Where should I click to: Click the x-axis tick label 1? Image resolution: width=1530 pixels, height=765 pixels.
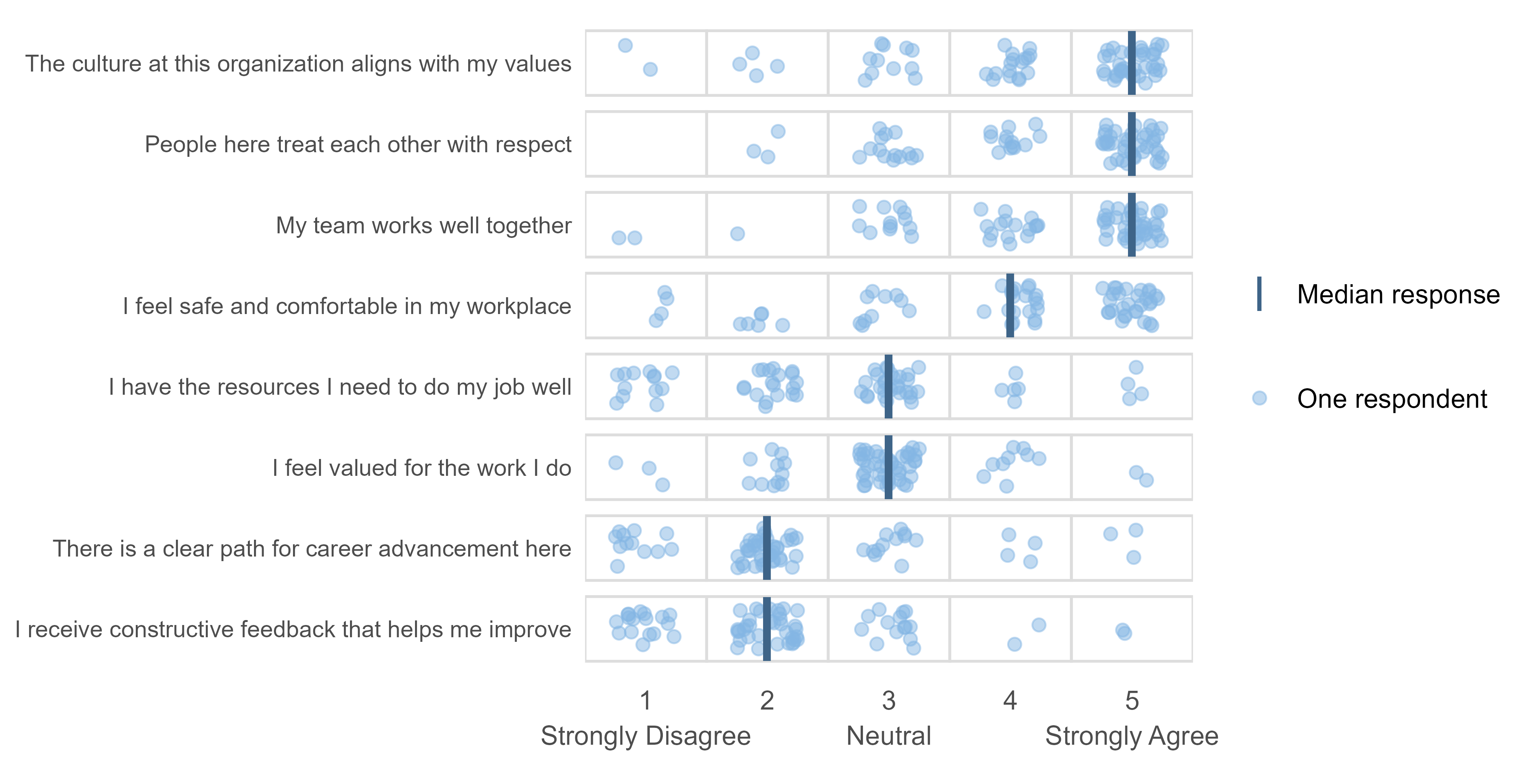(x=646, y=701)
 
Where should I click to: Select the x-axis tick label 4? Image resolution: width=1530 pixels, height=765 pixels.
(x=1010, y=701)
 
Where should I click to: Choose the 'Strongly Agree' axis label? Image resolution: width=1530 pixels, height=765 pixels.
(x=1131, y=736)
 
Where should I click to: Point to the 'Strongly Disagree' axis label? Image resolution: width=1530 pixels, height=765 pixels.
(x=646, y=736)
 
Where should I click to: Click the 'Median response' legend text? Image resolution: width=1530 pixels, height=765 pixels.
(x=1398, y=295)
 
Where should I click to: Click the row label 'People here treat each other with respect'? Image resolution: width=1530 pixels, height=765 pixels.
(x=358, y=144)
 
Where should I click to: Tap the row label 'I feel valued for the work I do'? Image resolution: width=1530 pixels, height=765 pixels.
(x=422, y=468)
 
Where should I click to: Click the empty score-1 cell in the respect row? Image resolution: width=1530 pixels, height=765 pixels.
(x=646, y=144)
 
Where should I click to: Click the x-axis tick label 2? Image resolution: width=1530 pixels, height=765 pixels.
(x=767, y=701)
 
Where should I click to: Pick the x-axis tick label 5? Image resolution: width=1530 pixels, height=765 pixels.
(x=1131, y=701)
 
